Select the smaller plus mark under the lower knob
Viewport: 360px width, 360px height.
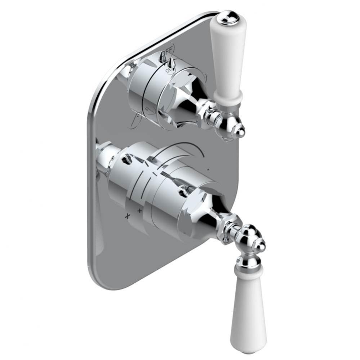[139, 210]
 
